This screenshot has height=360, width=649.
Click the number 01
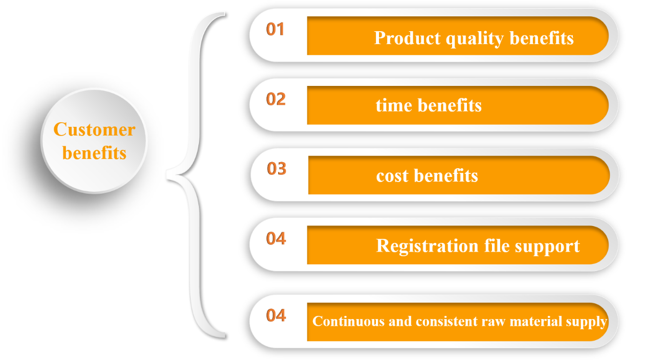point(275,29)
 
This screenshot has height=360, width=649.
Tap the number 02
point(276,99)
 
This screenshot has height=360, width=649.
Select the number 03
point(277,169)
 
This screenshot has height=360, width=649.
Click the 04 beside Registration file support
point(276,238)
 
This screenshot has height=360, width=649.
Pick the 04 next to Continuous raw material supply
point(276,315)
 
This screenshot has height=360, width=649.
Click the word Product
point(408,38)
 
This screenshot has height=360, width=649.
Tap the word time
point(394,105)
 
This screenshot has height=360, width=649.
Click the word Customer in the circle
point(95,129)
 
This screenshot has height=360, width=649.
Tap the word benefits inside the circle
point(95,152)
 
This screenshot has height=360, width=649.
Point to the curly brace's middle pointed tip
point(167,174)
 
